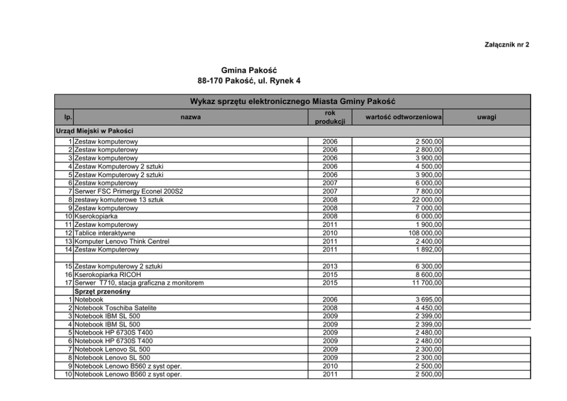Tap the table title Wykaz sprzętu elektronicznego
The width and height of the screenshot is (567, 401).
point(293,102)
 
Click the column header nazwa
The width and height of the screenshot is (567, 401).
point(190,117)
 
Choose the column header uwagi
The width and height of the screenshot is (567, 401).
point(486,117)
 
